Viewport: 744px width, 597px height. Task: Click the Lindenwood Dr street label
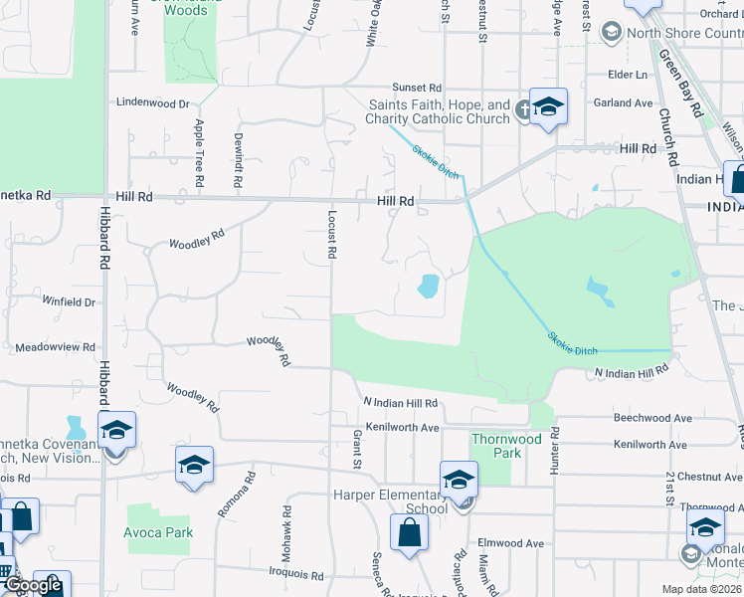152,102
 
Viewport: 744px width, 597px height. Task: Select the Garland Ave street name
624,102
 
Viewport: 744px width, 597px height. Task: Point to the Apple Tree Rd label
200,151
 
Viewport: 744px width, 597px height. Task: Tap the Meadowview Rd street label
56,347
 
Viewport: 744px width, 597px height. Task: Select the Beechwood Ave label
651,418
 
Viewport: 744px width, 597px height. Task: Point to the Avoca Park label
159,532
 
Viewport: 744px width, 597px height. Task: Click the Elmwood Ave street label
511,543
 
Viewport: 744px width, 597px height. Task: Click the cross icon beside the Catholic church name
523,112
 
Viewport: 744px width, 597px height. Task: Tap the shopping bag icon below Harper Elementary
409,532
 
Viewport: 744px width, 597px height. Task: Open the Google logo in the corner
35,585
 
